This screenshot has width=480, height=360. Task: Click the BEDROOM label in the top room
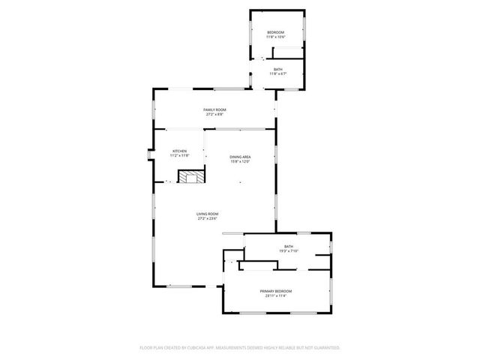click(276, 32)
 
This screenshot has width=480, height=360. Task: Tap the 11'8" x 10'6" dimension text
click(276, 37)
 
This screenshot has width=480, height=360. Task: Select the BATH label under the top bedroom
click(277, 69)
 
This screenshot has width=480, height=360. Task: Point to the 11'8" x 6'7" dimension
click(277, 73)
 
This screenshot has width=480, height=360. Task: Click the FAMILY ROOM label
click(215, 110)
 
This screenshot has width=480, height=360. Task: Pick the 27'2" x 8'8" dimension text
click(215, 115)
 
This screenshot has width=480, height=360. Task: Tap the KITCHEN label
click(180, 151)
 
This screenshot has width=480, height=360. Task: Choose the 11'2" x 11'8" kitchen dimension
click(180, 155)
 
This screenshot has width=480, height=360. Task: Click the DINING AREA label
click(239, 156)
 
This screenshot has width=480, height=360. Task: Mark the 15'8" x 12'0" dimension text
click(239, 160)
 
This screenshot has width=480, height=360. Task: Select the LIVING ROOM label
click(207, 214)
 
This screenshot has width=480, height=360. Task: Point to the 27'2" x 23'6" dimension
click(207, 218)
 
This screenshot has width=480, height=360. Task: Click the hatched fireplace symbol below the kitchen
click(189, 177)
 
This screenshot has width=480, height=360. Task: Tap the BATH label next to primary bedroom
click(289, 246)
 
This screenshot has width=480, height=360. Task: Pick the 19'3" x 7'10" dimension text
click(289, 250)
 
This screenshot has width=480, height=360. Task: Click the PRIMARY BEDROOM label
click(276, 291)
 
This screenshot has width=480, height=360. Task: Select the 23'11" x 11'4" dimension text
click(276, 295)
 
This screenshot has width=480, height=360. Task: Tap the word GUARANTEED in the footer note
click(324, 348)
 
